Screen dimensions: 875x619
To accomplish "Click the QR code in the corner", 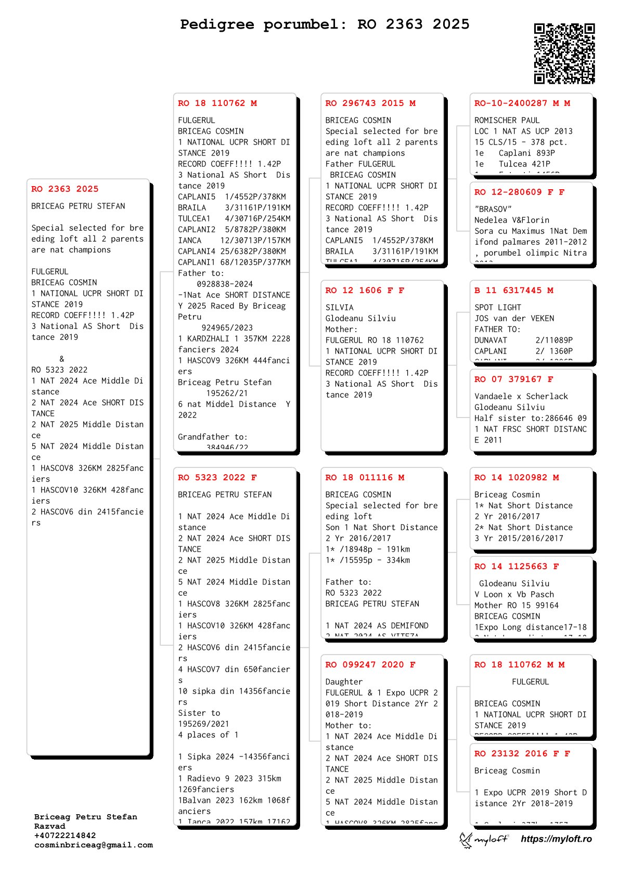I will click(x=564, y=53).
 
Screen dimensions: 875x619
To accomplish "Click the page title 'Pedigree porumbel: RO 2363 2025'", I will click(x=325, y=24).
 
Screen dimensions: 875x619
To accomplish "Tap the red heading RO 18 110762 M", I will click(x=217, y=103).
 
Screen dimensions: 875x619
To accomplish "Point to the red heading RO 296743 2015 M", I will click(x=370, y=103).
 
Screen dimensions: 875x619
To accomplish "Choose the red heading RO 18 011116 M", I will click(x=365, y=478).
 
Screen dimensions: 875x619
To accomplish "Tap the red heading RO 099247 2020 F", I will click(x=370, y=665).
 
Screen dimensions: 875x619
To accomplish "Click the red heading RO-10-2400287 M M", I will click(x=522, y=103).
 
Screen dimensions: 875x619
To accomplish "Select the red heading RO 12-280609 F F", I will click(x=519, y=192).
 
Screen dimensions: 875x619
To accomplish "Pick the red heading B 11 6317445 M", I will click(x=513, y=291).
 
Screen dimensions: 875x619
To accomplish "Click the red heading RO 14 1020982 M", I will click(x=516, y=478).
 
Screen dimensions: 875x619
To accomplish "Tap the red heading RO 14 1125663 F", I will click(x=516, y=567).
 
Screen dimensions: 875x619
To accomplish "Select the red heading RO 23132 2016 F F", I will click(x=522, y=754).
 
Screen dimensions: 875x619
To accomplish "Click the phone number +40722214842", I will click(x=65, y=835).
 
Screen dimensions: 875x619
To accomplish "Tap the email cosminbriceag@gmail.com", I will click(x=94, y=845).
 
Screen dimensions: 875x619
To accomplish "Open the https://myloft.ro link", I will click(x=556, y=839).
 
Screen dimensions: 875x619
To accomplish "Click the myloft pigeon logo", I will click(x=483, y=839).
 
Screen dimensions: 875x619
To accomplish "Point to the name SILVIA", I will click(x=339, y=308).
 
